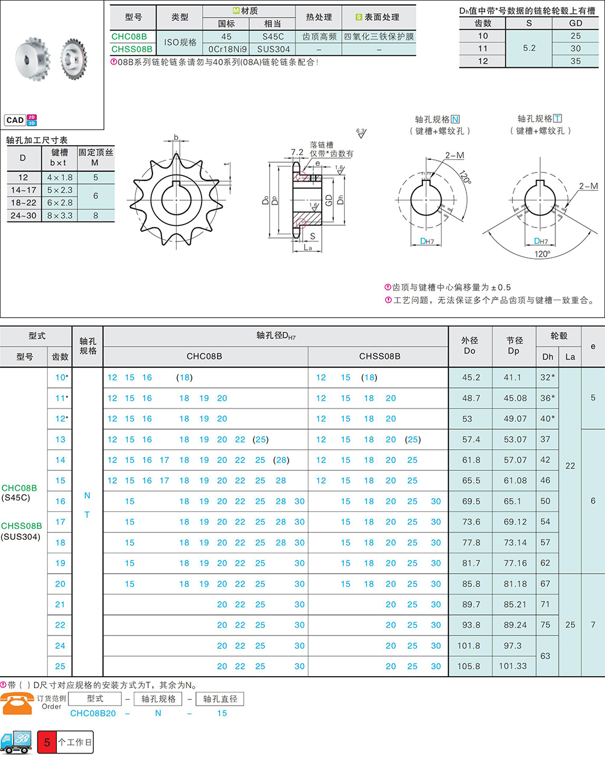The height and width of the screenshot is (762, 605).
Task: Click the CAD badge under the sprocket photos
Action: [15, 120]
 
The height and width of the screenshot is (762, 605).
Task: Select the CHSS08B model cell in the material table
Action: [132, 49]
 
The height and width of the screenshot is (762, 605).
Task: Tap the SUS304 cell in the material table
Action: [273, 49]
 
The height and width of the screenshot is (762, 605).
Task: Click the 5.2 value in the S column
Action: [529, 48]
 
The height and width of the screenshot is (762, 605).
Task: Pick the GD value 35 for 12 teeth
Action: [575, 61]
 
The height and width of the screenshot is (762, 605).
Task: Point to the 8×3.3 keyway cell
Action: [59, 215]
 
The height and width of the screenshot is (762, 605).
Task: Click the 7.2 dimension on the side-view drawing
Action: [297, 152]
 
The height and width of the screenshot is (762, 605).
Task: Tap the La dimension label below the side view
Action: [307, 248]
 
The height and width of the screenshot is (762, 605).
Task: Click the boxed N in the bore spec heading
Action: [455, 119]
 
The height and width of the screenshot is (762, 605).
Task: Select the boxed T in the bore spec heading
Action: [557, 118]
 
